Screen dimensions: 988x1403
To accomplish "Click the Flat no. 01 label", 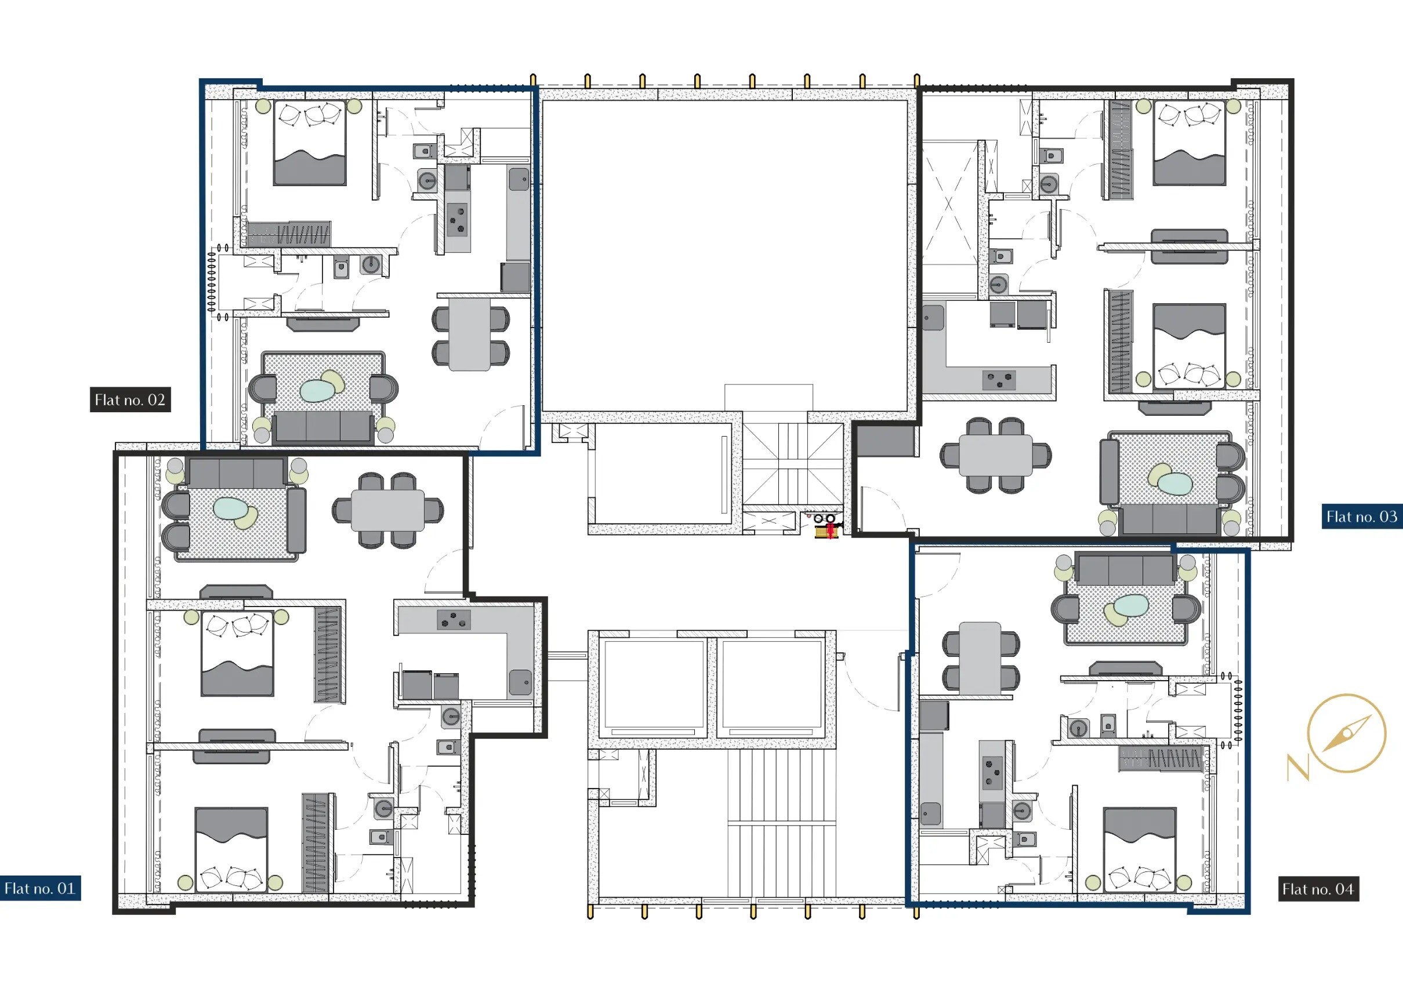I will tap(39, 888).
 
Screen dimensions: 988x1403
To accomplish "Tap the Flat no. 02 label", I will tap(130, 400).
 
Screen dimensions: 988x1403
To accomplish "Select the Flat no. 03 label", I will tap(1361, 517).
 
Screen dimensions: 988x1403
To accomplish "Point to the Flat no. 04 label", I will tap(1318, 889).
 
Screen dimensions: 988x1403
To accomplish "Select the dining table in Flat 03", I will tap(995, 455).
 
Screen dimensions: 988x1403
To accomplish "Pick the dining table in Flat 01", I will tap(388, 511).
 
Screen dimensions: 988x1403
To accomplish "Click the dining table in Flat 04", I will tap(980, 658).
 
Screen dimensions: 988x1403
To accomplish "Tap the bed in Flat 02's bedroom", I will tap(310, 144).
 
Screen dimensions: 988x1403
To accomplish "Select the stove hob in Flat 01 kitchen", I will tap(454, 620).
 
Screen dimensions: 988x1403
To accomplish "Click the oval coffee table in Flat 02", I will tap(318, 390).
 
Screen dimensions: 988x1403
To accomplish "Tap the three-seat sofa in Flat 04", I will tap(1125, 568).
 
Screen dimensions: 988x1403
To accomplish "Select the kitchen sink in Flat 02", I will tap(519, 180).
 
